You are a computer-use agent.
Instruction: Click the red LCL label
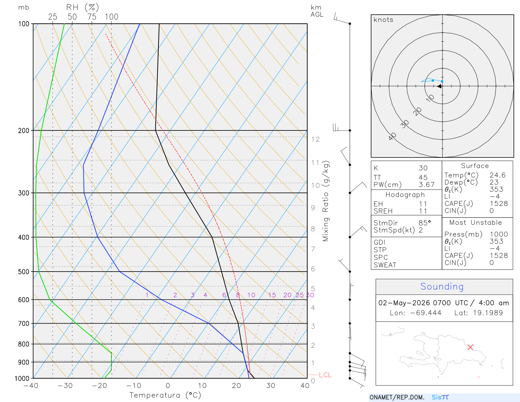coord(325,375)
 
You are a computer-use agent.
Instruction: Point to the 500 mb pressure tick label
coord(23,272)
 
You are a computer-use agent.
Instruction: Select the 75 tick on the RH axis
coord(92,17)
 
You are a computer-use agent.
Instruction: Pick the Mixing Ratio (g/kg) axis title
coord(326,201)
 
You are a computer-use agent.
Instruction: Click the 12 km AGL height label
coord(315,139)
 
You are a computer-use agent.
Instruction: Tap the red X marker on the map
coord(470,347)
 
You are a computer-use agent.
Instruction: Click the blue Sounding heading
coord(442,287)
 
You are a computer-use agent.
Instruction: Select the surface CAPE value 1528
coord(499,204)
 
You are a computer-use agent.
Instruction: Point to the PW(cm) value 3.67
coord(427,185)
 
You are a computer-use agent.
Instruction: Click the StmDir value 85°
coord(425,223)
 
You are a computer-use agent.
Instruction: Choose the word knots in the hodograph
coord(383,20)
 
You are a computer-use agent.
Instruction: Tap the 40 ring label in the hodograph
coord(393,137)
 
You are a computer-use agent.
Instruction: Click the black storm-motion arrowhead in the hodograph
coord(440,86)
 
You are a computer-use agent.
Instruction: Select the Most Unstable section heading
coord(475,222)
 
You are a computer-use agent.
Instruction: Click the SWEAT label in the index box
coord(385,265)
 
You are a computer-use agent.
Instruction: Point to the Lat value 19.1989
coord(488,313)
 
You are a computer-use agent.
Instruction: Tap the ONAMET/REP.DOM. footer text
coord(397,397)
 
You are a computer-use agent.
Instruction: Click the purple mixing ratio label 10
coord(251,295)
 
